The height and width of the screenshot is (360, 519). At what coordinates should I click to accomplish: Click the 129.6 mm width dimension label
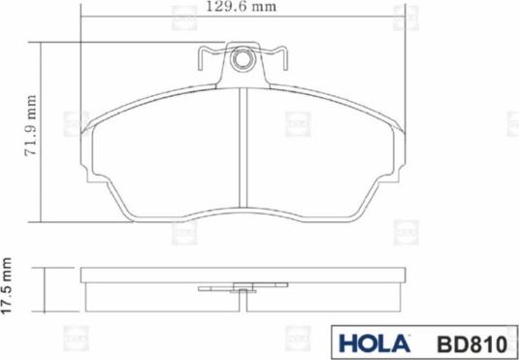pyautogui.click(x=242, y=7)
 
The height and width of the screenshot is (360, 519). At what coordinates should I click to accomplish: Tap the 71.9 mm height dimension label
pyautogui.click(x=31, y=125)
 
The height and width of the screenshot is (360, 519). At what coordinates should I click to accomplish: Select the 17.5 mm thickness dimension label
pyautogui.click(x=6, y=286)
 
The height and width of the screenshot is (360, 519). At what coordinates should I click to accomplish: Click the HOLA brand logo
pyautogui.click(x=374, y=344)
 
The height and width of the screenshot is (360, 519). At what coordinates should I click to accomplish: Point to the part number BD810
pyautogui.click(x=472, y=344)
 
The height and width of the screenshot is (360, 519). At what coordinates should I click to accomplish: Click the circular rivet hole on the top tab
pyautogui.click(x=243, y=60)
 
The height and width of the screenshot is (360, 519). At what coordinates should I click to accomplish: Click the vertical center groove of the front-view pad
pyautogui.click(x=243, y=148)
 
